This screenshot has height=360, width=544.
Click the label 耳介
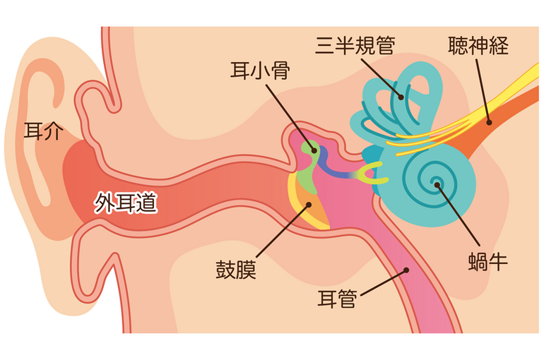point(44,131)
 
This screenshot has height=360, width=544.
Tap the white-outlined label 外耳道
point(126,203)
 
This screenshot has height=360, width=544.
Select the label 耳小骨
point(260,71)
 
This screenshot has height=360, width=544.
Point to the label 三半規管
point(355,45)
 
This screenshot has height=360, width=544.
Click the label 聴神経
point(478,45)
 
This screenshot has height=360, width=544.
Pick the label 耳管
point(337,299)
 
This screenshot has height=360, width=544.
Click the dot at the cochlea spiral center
point(437,185)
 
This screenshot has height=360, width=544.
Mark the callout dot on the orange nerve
point(489,122)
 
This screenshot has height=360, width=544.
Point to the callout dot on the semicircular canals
point(401,97)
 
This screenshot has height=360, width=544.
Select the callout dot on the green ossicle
point(314,151)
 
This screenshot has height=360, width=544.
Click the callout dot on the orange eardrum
point(308,205)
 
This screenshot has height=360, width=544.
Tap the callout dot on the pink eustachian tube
point(406,270)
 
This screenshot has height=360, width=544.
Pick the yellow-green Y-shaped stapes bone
point(370,172)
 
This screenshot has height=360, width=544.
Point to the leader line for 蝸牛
point(458,215)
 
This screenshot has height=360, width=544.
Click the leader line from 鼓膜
point(282,231)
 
